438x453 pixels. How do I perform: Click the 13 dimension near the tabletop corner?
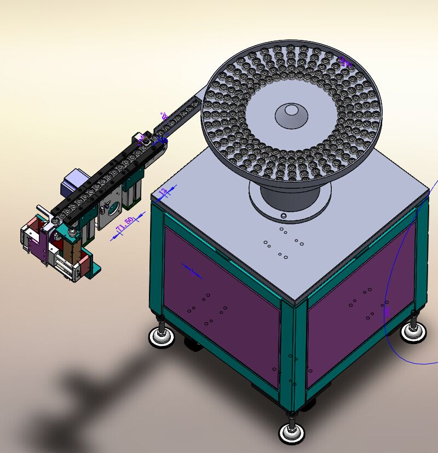click(163, 192)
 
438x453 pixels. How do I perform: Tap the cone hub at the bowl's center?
click(290, 114)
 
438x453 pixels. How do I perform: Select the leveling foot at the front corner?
click(291, 432)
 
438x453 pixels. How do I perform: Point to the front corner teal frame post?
click(293, 356)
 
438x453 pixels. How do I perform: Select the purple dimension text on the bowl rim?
click(344, 62)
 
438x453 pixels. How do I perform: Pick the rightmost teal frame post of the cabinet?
click(421, 257)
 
